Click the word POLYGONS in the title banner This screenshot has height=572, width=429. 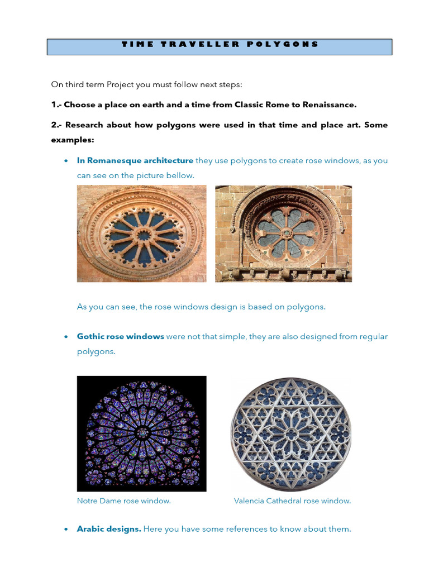283,44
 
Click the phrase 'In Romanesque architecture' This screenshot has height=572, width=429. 135,160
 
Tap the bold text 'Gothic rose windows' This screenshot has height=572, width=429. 121,336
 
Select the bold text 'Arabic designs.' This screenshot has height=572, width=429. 109,529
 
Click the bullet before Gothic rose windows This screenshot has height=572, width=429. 66,337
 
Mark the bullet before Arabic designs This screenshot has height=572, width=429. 66,530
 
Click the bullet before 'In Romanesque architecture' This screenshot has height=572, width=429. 66,161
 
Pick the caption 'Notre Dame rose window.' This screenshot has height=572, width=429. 124,501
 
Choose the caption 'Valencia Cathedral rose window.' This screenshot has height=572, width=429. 292,501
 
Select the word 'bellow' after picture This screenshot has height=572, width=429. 179,175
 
